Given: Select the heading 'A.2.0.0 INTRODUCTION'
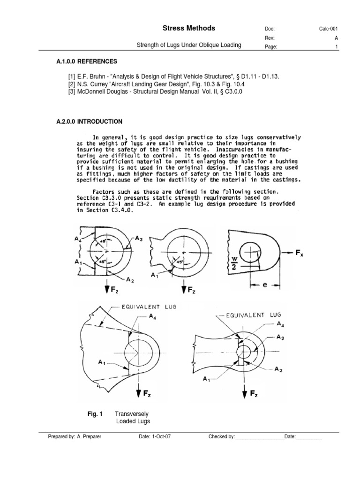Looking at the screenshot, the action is (89, 121).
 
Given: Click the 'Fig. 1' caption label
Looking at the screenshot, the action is (95, 414).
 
